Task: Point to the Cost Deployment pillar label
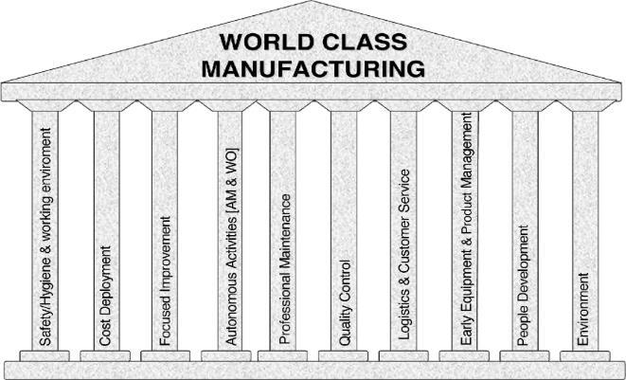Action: coord(106,296)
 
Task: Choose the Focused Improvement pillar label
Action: coord(165,280)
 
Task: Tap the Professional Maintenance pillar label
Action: coord(285,268)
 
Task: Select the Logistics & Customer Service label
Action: coord(405,257)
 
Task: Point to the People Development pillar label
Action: coord(526,284)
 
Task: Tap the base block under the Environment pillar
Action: coord(585,355)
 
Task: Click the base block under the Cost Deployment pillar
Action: coord(105,355)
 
